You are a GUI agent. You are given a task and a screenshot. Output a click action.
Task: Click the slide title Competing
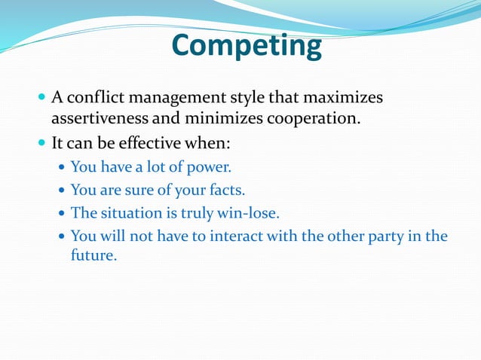coord(247,47)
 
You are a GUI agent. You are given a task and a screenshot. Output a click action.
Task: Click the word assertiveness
coord(98,118)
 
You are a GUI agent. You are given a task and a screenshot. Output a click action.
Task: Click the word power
coord(212,166)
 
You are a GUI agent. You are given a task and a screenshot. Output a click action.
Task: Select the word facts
coord(226,190)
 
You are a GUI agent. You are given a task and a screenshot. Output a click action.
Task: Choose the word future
coord(93,256)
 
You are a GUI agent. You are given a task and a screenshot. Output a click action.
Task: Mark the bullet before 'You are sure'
coord(62,190)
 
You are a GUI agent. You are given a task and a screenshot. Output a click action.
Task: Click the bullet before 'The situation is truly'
coord(62,213)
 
